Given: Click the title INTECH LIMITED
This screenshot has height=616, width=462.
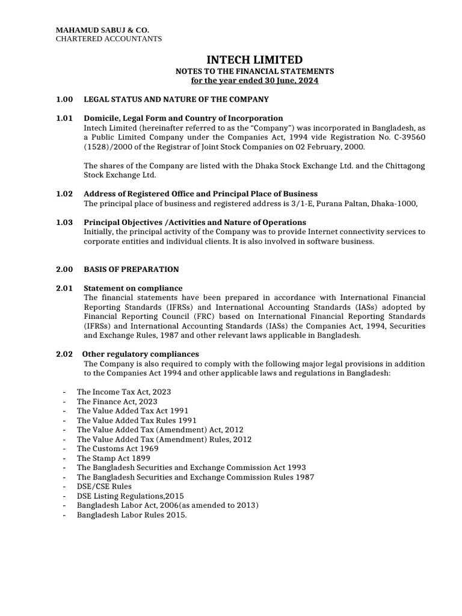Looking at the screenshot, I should click(x=254, y=60).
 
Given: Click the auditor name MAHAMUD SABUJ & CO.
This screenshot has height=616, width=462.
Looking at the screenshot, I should click(x=102, y=29).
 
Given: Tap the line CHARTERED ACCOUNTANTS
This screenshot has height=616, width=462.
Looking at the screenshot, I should click(x=109, y=38).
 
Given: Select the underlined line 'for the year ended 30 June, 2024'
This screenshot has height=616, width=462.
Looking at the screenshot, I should click(x=254, y=81).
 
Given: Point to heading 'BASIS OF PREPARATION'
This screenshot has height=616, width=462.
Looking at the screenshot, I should click(x=131, y=269).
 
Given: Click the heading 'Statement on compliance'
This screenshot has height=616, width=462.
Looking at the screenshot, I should click(x=133, y=288).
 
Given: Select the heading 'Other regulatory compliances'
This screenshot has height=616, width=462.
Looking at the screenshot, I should click(x=140, y=354).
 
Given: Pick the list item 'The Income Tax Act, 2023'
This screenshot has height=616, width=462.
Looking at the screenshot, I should click(x=124, y=392).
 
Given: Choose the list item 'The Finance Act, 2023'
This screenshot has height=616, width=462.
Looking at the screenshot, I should click(x=117, y=401).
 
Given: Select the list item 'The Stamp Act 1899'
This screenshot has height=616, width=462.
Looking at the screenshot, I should click(x=114, y=458).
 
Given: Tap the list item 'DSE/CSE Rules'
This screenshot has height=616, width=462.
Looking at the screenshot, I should click(x=104, y=486).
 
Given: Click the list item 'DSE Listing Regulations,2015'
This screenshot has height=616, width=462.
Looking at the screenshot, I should click(x=131, y=496).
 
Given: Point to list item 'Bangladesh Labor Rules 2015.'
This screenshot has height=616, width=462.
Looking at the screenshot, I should click(x=132, y=515).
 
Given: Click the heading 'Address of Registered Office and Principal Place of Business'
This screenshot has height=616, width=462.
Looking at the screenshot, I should click(x=200, y=194).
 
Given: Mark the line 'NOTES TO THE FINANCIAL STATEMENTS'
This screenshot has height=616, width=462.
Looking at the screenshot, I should click(x=254, y=71).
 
